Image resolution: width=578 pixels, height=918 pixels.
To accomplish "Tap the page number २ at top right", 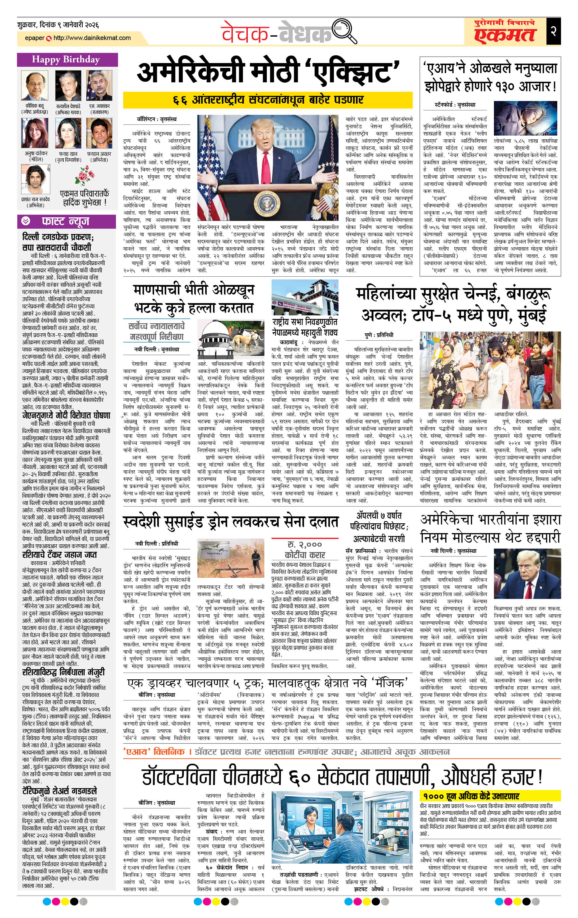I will pyautogui.click(x=553, y=31).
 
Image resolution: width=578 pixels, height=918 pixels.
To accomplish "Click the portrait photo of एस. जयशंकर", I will pyautogui.click(x=99, y=86).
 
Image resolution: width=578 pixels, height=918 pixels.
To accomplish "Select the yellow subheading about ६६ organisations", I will pyautogui.click(x=268, y=100).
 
